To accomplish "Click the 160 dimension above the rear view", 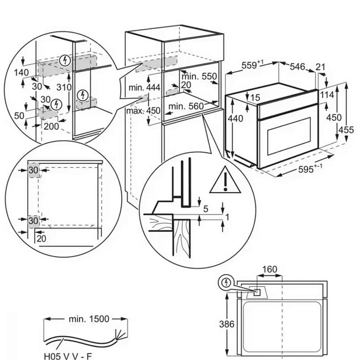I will (x=269, y=269).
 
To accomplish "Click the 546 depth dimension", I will (x=297, y=67).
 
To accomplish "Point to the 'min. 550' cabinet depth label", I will (x=200, y=77).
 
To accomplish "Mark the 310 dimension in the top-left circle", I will (x=65, y=87).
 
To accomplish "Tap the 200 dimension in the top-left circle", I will (x=51, y=126).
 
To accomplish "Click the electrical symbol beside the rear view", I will (x=226, y=282).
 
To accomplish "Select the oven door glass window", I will (x=288, y=135).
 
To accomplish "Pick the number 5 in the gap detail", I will (x=206, y=209).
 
